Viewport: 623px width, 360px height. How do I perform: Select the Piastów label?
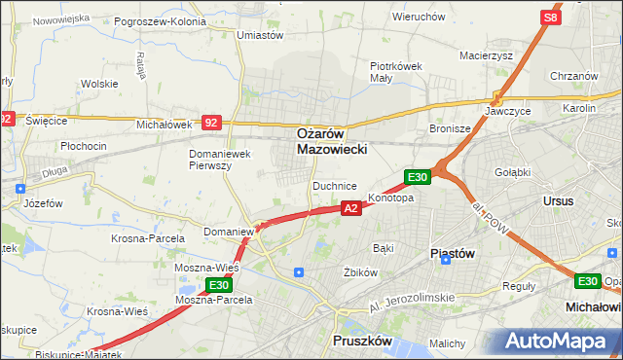452,253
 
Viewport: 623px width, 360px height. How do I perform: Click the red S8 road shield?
551,18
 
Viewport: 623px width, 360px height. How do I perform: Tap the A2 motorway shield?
352,207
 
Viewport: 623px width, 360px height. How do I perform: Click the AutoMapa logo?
559,342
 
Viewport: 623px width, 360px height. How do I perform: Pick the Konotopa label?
391,198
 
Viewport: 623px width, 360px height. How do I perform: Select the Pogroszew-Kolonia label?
160,20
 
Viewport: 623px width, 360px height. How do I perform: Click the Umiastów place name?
260,35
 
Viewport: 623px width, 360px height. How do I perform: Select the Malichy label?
448,343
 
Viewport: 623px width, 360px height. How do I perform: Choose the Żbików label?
360,272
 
